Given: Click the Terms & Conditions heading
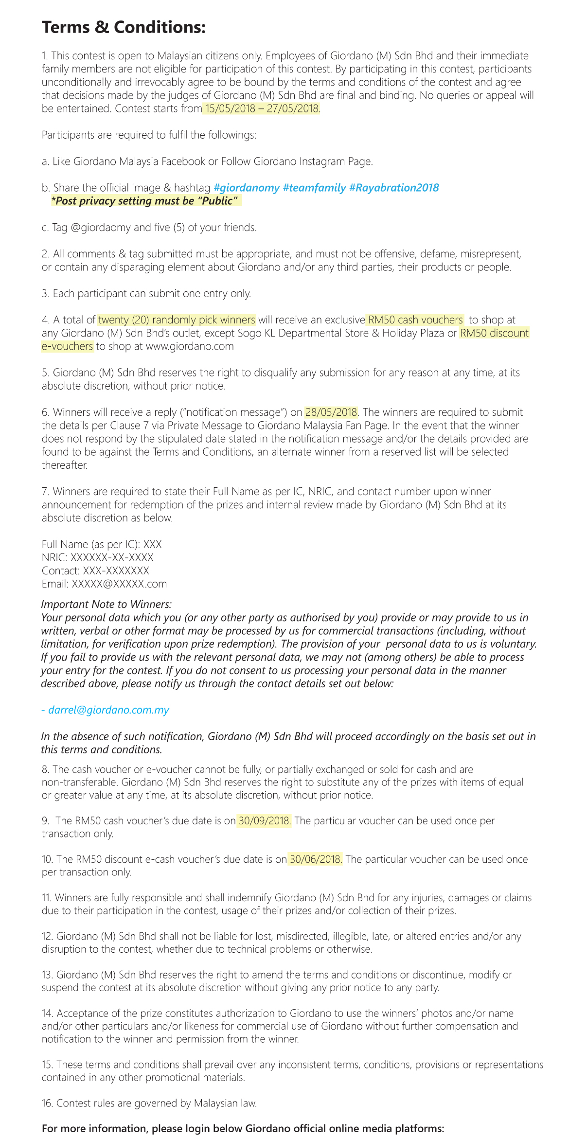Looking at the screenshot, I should click(x=124, y=27).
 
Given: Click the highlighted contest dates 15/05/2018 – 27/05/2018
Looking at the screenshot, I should click(x=261, y=108).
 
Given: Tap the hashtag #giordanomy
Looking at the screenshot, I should click(x=247, y=188).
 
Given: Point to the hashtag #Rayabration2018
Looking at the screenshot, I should click(x=394, y=188).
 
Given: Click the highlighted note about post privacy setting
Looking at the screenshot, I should click(x=146, y=201).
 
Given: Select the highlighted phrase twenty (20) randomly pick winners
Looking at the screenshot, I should click(x=177, y=320).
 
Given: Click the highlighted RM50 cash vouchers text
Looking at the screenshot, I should click(x=415, y=320).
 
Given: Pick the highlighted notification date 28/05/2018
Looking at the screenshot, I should click(x=331, y=412).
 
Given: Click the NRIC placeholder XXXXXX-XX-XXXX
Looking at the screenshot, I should click(x=112, y=558).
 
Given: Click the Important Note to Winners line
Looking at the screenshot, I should click(x=107, y=605).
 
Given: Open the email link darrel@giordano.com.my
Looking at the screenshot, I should click(x=108, y=710).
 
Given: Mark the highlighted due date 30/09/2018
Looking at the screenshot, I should click(x=264, y=821).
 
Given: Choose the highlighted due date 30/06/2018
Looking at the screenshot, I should click(x=316, y=859).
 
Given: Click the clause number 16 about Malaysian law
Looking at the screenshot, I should click(x=48, y=1103).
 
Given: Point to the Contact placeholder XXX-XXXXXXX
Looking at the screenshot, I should click(x=116, y=571).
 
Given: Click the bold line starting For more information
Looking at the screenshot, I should click(x=243, y=1128).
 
